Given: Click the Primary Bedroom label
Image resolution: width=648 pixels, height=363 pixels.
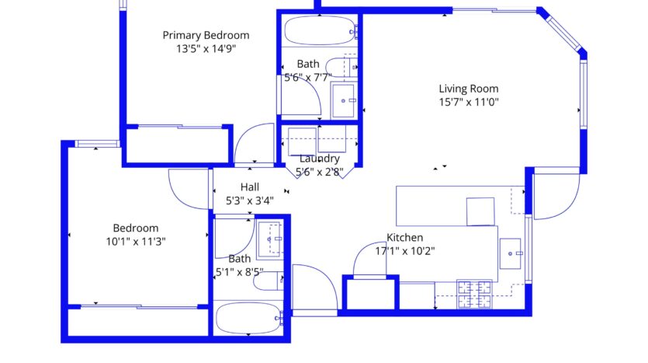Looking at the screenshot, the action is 206,35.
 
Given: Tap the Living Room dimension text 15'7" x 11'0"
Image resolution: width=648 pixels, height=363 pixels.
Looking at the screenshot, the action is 469,102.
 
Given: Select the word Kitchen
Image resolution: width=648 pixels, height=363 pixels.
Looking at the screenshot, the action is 404,238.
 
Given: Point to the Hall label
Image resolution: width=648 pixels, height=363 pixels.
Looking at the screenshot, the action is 250,187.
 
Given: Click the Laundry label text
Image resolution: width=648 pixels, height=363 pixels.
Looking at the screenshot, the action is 320,159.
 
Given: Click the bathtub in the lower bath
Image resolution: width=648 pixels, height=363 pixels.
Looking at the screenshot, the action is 249,318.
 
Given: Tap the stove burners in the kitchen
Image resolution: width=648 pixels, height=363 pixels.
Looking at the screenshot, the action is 474,295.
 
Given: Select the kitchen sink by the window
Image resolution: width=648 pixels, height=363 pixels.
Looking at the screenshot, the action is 511,253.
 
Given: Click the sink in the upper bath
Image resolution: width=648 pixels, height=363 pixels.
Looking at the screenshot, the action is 344,99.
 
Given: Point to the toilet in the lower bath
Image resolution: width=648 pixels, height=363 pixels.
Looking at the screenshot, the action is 269,281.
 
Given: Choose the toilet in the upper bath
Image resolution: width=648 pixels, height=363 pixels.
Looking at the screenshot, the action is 341,67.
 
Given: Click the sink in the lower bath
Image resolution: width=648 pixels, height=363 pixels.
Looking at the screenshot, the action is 270,239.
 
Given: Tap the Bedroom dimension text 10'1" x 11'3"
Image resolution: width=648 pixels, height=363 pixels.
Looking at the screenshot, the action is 136,241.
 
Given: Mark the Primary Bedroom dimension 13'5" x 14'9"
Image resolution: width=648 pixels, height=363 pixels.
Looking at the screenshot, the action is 206,49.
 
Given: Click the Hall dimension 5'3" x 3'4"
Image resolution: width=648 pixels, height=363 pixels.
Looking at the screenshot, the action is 250,201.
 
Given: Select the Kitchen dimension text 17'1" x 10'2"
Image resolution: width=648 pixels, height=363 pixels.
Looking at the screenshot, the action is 405,251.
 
